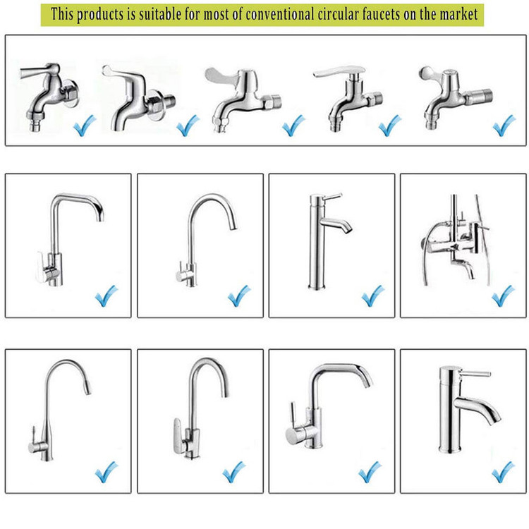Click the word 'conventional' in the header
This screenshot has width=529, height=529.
pos(280,14)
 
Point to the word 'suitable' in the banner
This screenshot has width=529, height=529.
pos(160,14)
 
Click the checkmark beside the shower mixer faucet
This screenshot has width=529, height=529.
pos(503,296)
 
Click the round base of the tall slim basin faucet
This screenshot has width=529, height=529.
pos(317,287)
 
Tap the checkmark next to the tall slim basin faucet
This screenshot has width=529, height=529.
pos(373,296)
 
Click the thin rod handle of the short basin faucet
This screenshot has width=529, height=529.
pos(475,374)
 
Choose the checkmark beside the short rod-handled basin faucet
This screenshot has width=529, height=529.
pos(504,472)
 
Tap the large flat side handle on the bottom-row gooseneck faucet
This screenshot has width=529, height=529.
pos(178,435)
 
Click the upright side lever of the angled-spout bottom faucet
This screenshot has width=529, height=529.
pos(294,414)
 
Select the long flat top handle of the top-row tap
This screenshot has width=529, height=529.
pos(339,71)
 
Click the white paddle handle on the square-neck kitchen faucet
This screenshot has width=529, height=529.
pos(41,267)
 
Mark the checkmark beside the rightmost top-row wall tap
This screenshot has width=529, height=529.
pos(504,125)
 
